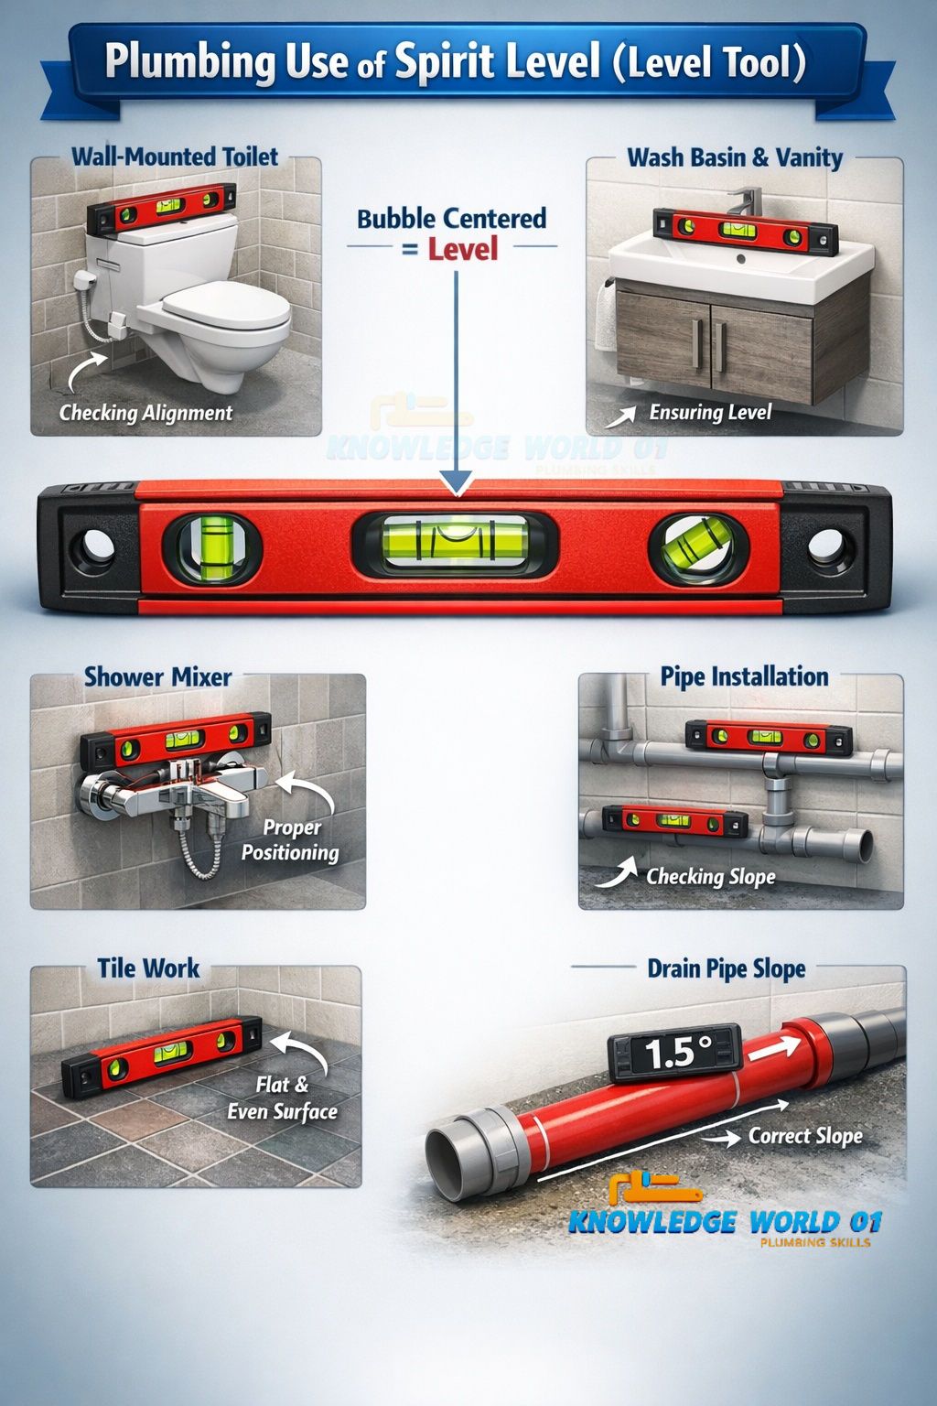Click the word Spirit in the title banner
coord(443,62)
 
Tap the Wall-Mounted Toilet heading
coord(175,157)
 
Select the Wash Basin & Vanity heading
coord(735,157)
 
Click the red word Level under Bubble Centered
coord(463,249)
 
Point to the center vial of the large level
coord(455,545)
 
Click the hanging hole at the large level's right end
coord(827,546)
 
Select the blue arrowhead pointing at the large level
coord(457,484)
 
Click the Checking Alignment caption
coord(145,413)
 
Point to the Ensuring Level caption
coord(710,412)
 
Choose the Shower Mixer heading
coord(158,676)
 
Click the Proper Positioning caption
coord(290,839)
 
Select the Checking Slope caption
coord(710,877)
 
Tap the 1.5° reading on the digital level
coord(678,1053)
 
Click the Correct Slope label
coord(805,1135)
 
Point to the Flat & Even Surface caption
coord(283,1098)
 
